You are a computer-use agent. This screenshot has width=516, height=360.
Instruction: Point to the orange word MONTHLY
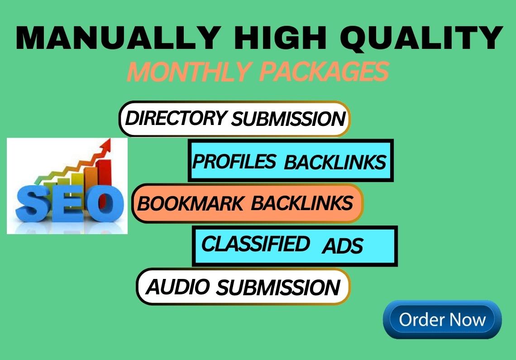pos(188,72)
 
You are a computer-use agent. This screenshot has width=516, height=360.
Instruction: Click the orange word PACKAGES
pos(324,72)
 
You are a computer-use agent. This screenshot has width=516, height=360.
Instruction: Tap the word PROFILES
pos(234,161)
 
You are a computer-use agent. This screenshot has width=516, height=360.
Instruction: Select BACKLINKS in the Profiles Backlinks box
pos(335,162)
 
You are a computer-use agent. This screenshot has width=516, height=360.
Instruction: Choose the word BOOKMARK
pos(191,203)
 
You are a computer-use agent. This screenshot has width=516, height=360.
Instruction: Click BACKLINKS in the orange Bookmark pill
pos(302,203)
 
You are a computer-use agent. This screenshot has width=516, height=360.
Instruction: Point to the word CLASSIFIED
pos(255,244)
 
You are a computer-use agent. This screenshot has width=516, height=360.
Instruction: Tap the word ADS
pos(343,246)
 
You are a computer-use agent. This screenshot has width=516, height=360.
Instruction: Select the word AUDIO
pos(178,287)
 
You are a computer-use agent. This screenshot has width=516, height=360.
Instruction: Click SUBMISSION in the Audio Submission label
pos(278,287)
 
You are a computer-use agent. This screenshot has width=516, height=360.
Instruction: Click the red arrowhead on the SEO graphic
pos(105,145)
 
